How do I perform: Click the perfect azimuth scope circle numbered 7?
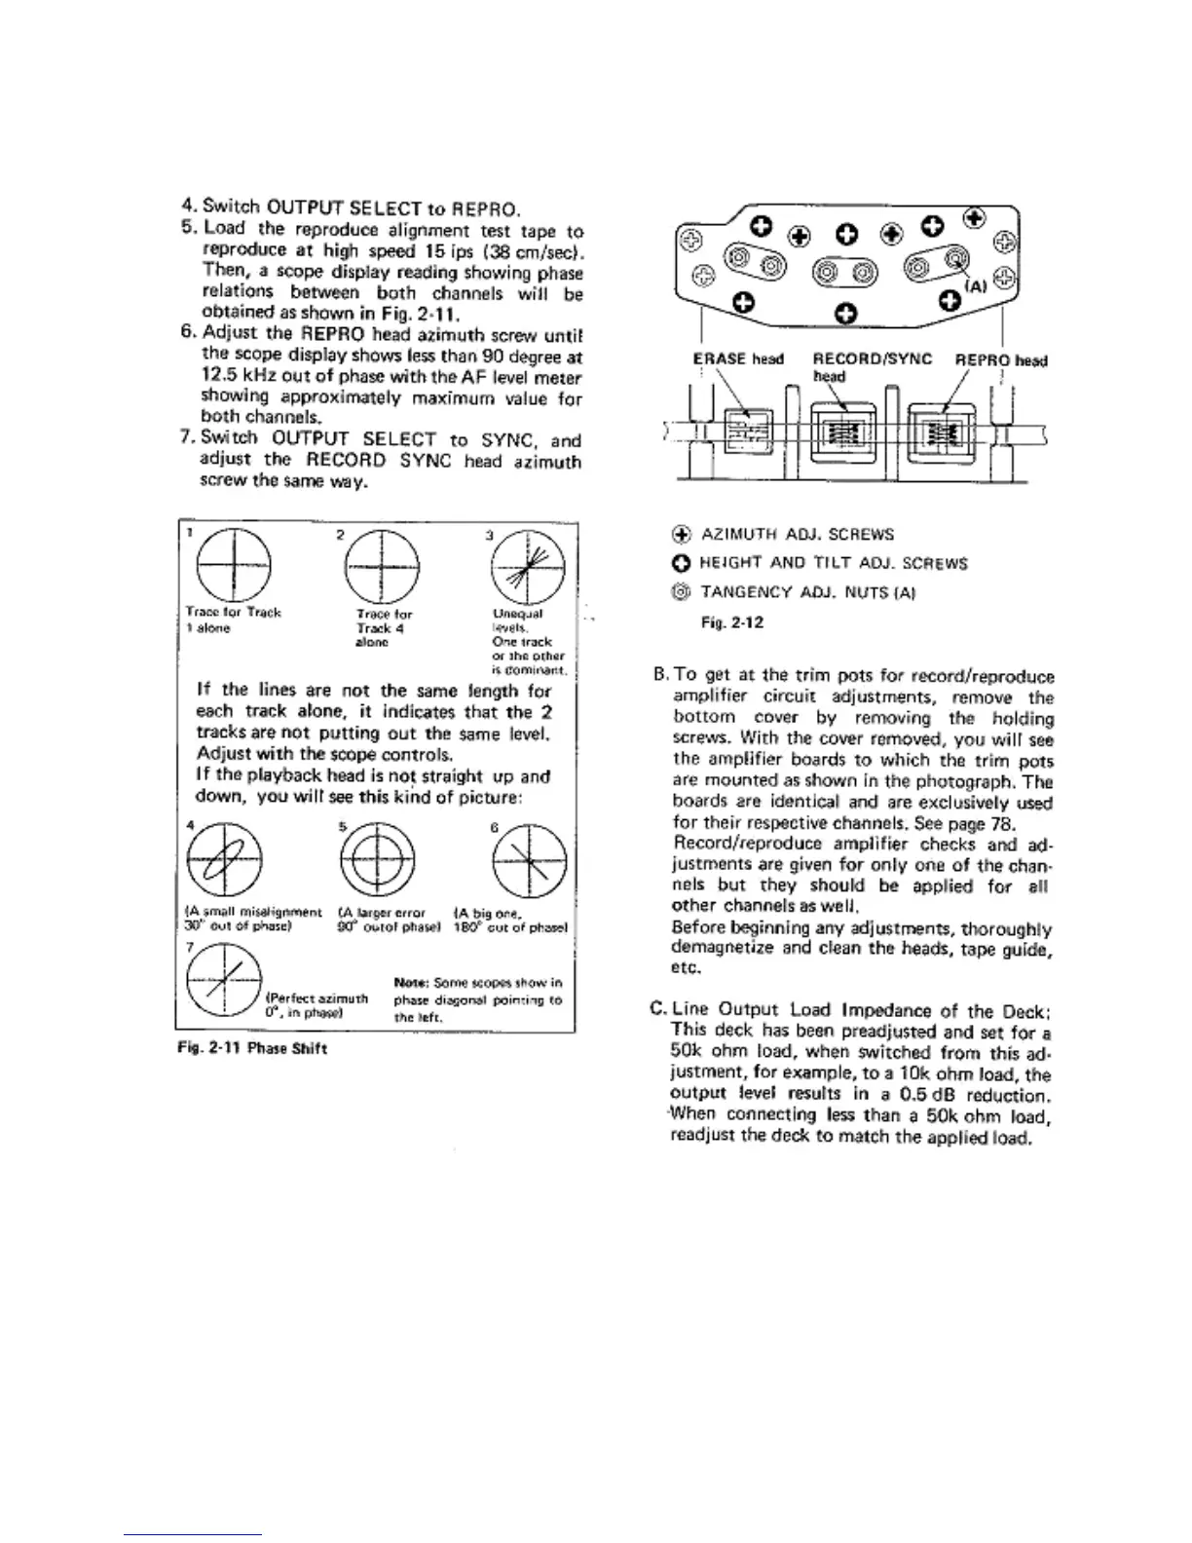224,981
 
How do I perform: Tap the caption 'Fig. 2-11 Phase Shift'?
251,1048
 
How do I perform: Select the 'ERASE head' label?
737,359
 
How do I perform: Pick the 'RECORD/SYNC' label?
872,359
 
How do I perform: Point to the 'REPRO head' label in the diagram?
1000,359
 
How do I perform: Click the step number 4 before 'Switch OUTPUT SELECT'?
189,207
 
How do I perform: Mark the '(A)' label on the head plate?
976,286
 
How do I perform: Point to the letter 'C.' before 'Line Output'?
657,1009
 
